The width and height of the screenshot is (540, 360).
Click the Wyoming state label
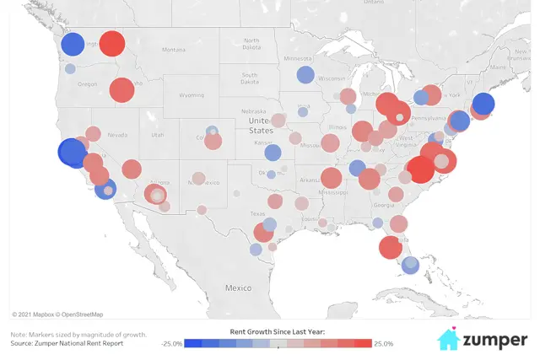coord(192,95)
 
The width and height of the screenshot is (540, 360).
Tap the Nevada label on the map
coord(116,135)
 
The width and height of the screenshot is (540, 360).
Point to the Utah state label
coord(158,134)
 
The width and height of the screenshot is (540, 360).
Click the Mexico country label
coord(238,287)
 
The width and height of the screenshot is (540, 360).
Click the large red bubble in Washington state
coord(111,43)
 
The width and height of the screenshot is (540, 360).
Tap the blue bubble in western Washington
coord(73,43)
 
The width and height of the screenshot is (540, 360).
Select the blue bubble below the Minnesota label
coord(305,74)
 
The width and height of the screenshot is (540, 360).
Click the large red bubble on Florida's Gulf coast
coord(390,248)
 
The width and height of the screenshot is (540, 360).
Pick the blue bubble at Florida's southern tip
coord(410,265)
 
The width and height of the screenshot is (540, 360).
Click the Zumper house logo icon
coord(449,339)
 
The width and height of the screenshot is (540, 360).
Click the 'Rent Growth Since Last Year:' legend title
coord(278,331)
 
